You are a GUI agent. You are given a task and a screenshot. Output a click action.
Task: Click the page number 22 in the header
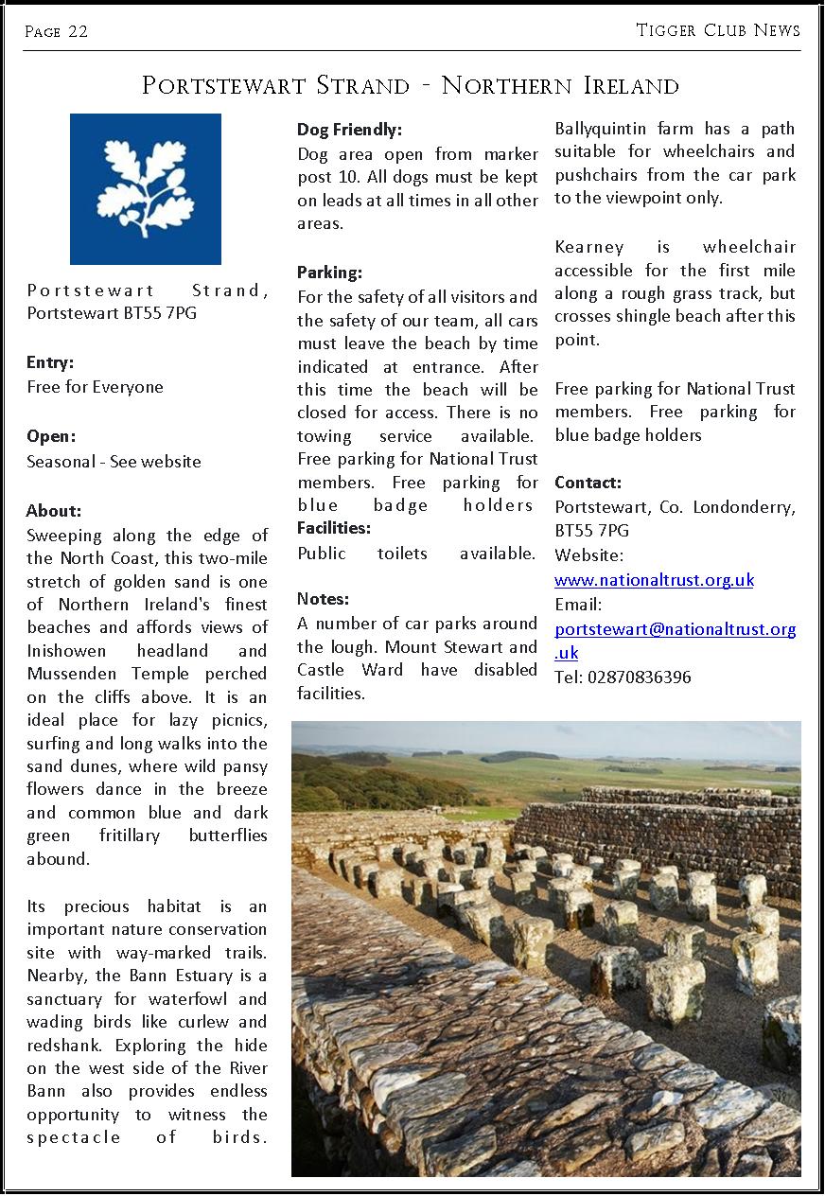[78, 31]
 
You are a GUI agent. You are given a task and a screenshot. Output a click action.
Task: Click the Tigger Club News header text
[718, 30]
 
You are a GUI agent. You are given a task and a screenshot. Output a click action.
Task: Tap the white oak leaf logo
[145, 188]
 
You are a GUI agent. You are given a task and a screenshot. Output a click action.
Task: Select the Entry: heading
[50, 362]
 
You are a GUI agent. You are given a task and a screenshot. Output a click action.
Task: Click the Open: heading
[51, 436]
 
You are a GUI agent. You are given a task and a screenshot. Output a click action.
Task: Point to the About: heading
[54, 511]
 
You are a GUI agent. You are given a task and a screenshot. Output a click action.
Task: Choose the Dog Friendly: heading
[349, 130]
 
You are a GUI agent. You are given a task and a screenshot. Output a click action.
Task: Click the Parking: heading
[329, 273]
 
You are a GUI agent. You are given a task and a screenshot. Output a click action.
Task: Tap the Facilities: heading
[334, 527]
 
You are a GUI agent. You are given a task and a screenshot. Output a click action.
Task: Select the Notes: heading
[323, 599]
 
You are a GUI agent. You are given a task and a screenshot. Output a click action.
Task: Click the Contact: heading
[588, 483]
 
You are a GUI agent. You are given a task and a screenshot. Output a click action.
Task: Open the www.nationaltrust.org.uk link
[654, 580]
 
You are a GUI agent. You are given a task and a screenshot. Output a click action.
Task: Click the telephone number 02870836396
[639, 677]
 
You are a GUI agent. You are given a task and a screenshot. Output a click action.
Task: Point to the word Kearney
[586, 247]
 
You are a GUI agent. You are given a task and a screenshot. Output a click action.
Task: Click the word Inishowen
[64, 651]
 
